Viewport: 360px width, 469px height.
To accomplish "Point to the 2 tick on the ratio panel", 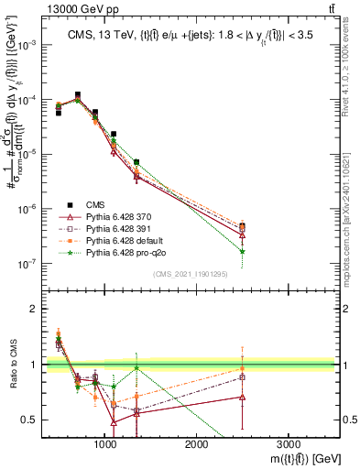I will [34, 309].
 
